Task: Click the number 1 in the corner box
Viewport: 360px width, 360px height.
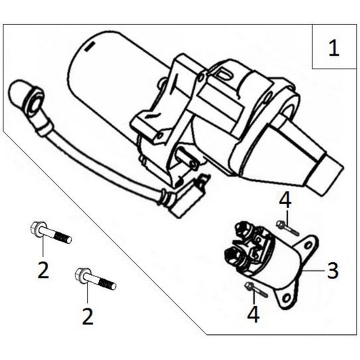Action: coord(333,48)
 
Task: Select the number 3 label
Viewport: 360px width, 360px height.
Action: coord(332,271)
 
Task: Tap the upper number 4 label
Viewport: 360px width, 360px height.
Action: coord(286,200)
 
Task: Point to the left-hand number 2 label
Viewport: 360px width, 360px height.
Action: coord(43,270)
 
